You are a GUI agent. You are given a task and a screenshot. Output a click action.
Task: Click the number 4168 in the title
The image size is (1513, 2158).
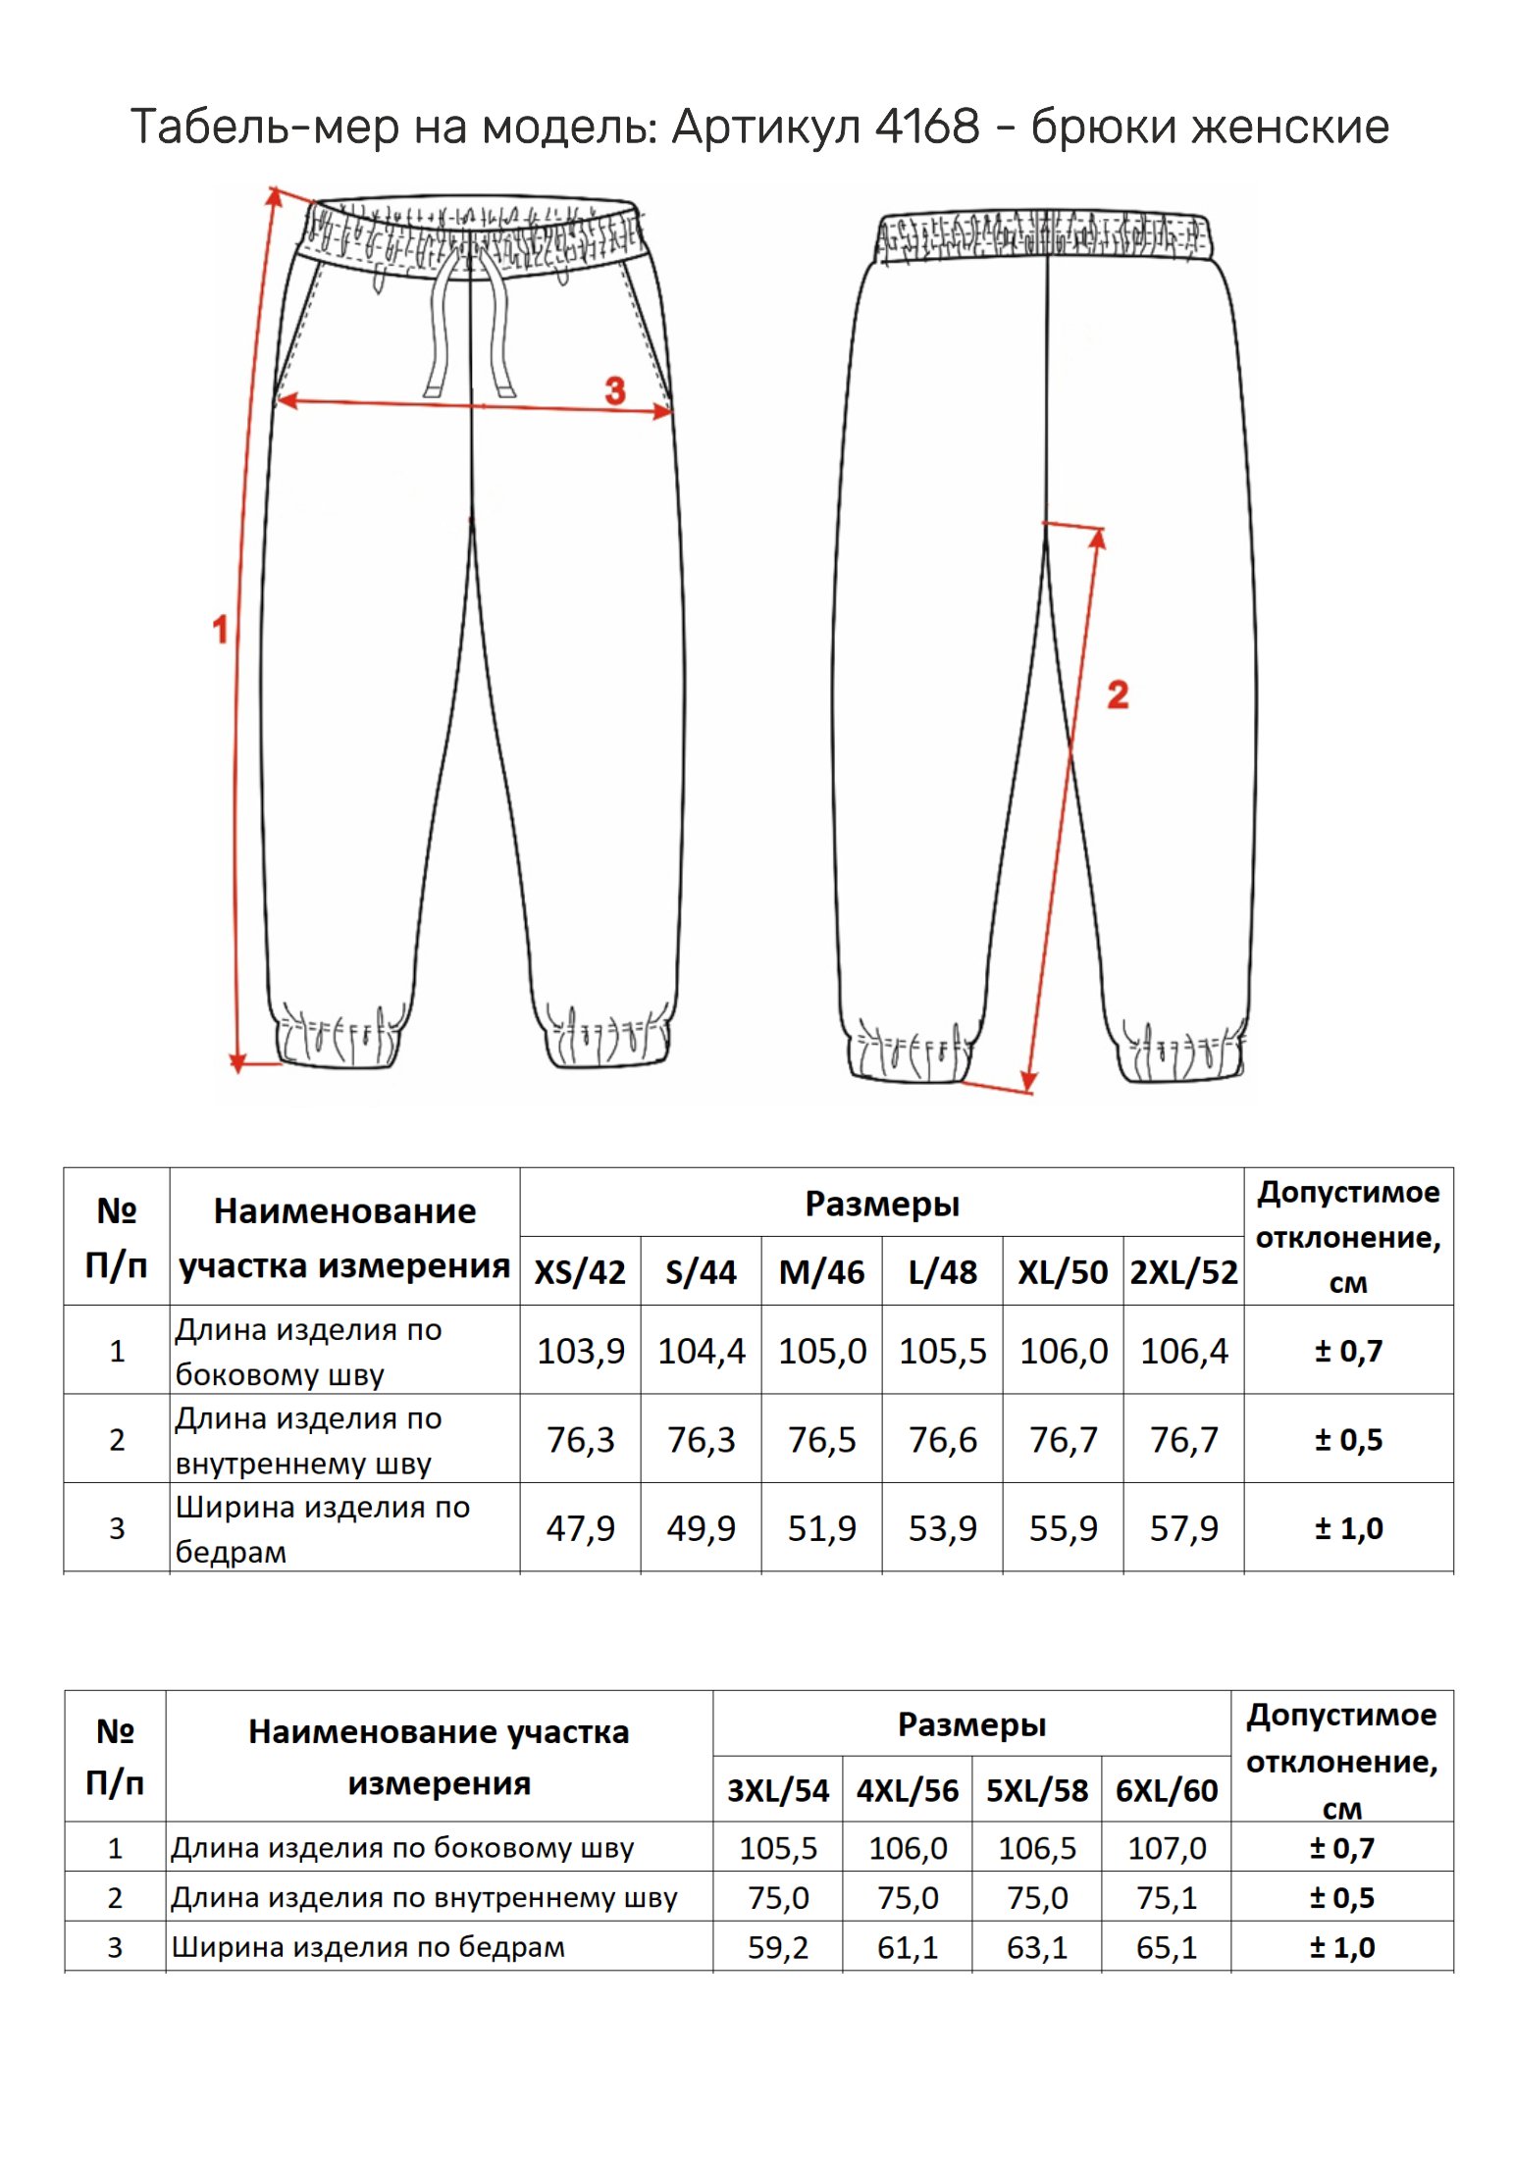pos(926,127)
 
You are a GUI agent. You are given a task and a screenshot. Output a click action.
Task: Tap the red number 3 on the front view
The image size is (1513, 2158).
pos(615,390)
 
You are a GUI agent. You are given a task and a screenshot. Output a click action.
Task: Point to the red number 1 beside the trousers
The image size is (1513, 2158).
pos(221,629)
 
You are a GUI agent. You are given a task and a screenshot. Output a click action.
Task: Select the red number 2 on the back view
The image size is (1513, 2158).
pos(1118,695)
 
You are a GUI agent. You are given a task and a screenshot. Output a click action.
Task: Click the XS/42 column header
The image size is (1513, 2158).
pos(580,1272)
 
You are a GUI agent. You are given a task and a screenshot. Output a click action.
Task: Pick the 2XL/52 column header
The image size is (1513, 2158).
pos(1183,1272)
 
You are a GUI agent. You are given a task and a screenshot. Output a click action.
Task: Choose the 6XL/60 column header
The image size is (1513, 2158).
pos(1167,1790)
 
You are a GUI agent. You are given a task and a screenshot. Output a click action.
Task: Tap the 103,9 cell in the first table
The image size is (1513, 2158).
pos(580,1351)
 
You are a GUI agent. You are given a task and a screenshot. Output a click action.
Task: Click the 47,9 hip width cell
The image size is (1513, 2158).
pos(580,1528)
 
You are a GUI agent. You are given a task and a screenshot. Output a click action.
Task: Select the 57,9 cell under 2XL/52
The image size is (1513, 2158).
pos(1183,1528)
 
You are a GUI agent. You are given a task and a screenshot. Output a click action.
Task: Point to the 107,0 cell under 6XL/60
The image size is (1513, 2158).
pos(1167,1848)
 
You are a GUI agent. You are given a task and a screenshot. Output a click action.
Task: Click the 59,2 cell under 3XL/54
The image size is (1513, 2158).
pos(778,1947)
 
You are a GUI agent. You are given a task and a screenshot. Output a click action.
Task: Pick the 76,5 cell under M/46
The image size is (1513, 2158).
pos(821,1440)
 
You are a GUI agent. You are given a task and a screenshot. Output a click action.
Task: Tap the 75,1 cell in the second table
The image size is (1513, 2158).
pos(1167,1898)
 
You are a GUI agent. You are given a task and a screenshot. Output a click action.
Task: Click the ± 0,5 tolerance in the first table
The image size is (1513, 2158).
pos(1348,1440)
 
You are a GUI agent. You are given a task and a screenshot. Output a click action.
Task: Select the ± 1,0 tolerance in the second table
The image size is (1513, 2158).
pos(1342,1947)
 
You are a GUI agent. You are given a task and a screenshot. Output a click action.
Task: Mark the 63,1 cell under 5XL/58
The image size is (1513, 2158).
pos(1037,1947)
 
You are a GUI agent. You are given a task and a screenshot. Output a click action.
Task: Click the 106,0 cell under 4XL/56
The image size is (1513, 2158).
pos(908,1848)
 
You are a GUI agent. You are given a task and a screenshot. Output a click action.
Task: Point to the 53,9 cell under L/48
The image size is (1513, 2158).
pos(942,1528)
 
